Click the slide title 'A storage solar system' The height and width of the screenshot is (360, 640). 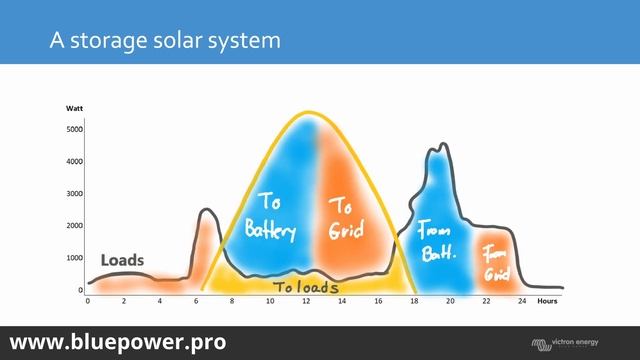(x=165, y=41)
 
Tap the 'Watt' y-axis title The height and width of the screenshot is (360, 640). (x=75, y=108)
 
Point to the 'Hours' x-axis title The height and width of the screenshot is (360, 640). (x=547, y=300)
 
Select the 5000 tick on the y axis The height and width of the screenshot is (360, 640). (x=75, y=129)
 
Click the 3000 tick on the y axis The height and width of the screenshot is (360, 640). (x=75, y=194)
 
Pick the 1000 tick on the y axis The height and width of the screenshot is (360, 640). (x=75, y=258)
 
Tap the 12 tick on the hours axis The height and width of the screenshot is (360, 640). (x=305, y=301)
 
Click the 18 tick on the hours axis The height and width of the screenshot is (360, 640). (x=414, y=301)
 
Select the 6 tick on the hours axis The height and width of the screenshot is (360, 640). (x=196, y=301)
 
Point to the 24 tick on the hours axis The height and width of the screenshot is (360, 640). (x=522, y=301)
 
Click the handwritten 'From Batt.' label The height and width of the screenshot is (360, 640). (x=437, y=241)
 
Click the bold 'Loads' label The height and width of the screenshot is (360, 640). (x=122, y=260)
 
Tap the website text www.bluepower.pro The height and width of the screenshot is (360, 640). (x=118, y=341)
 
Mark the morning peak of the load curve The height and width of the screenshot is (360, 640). (x=206, y=210)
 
